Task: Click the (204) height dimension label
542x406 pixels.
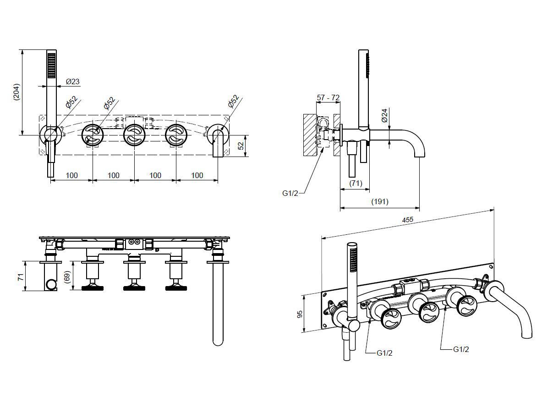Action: pos(16,94)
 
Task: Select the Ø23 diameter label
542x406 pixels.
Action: pos(72,82)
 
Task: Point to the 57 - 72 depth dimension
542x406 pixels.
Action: pos(328,97)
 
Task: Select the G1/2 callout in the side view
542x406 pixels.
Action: pos(290,193)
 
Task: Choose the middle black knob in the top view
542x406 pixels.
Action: pos(134,288)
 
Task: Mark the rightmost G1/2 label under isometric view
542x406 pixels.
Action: pos(460,350)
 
